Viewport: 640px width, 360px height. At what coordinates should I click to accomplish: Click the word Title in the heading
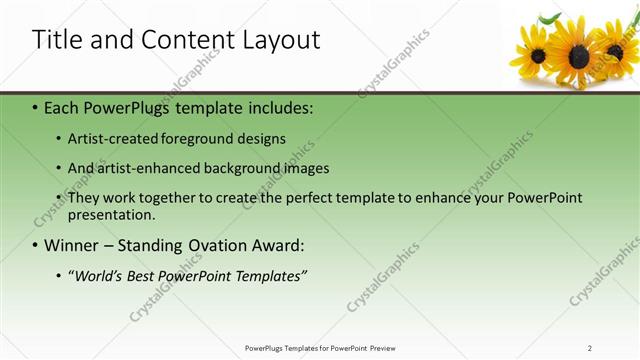[57, 40]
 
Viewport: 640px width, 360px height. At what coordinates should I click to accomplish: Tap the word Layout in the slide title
[279, 40]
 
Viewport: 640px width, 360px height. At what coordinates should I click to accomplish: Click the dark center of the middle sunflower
[579, 56]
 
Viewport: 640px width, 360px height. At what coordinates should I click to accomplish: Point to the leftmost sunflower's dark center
[538, 55]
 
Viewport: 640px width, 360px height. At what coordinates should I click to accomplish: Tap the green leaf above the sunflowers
[550, 17]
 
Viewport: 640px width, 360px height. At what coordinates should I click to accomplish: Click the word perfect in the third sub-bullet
[326, 198]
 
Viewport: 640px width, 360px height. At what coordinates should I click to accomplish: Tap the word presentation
[111, 215]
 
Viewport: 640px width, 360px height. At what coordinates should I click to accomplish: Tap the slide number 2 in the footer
[590, 348]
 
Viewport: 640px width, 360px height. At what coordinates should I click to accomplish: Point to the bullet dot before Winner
[35, 245]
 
